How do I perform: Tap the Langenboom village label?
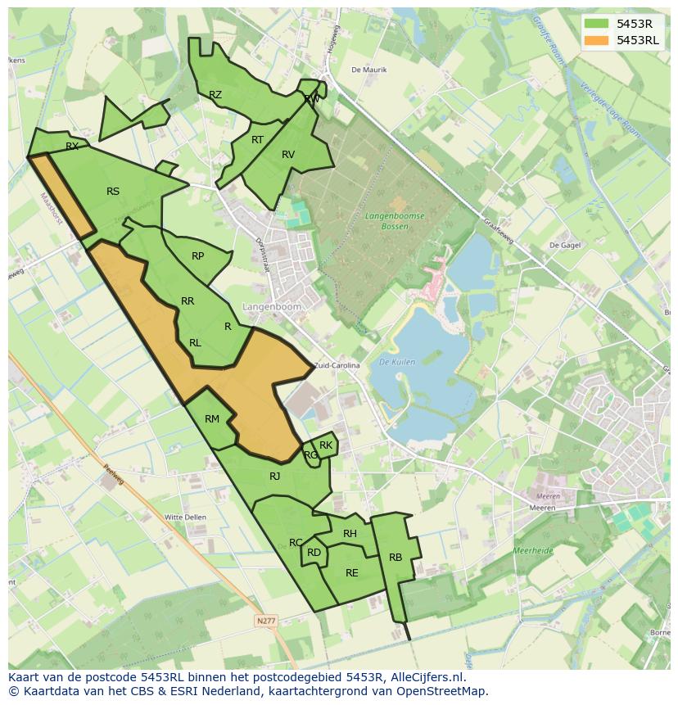click(x=272, y=306)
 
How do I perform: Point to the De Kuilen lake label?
click(x=397, y=361)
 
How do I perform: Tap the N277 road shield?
click(x=266, y=621)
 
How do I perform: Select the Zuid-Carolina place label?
click(x=337, y=366)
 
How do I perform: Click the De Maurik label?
click(x=368, y=70)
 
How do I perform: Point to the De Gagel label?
click(x=564, y=245)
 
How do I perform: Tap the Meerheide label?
click(x=533, y=552)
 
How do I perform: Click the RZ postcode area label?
click(x=215, y=95)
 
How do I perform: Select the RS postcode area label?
click(x=113, y=192)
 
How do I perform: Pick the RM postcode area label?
click(x=212, y=419)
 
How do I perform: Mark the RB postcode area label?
click(x=395, y=558)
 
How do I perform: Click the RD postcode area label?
click(x=314, y=553)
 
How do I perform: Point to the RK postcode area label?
click(x=326, y=445)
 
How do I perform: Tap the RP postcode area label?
click(x=197, y=256)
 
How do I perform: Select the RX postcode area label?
click(x=72, y=147)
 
